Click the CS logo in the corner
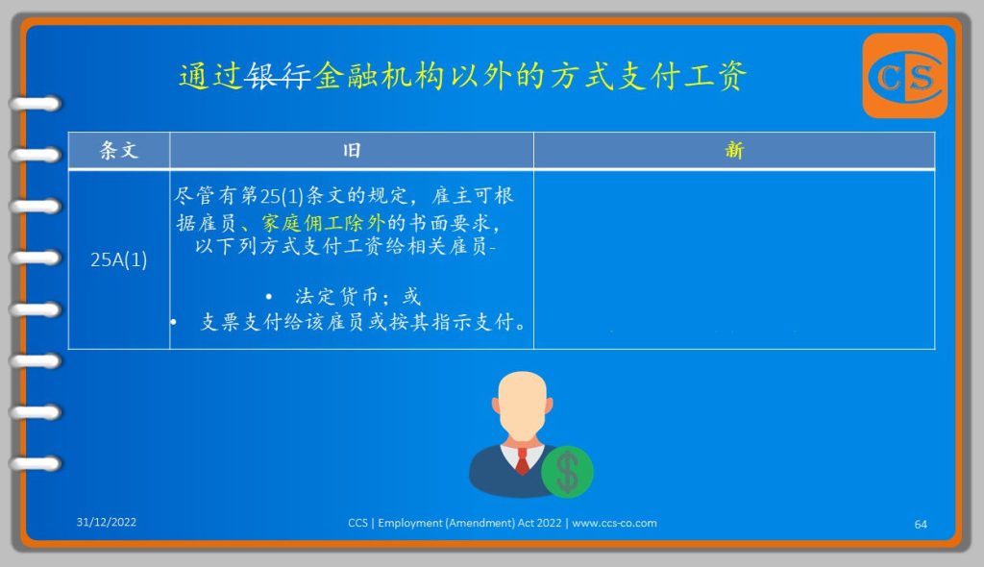[x=904, y=76]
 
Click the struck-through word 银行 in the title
[x=278, y=77]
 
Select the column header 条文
[x=118, y=151]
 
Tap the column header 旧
[x=352, y=151]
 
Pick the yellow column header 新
[x=733, y=151]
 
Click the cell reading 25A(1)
[x=118, y=259]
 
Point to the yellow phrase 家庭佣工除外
[x=323, y=222]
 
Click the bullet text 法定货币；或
[x=357, y=296]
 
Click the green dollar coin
[x=567, y=472]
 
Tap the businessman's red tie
[x=522, y=461]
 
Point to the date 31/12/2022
[x=106, y=522]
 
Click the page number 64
[x=921, y=525]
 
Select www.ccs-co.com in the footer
[x=614, y=523]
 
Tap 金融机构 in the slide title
[x=379, y=77]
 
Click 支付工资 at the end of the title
[x=681, y=77]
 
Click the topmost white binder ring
[x=36, y=104]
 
